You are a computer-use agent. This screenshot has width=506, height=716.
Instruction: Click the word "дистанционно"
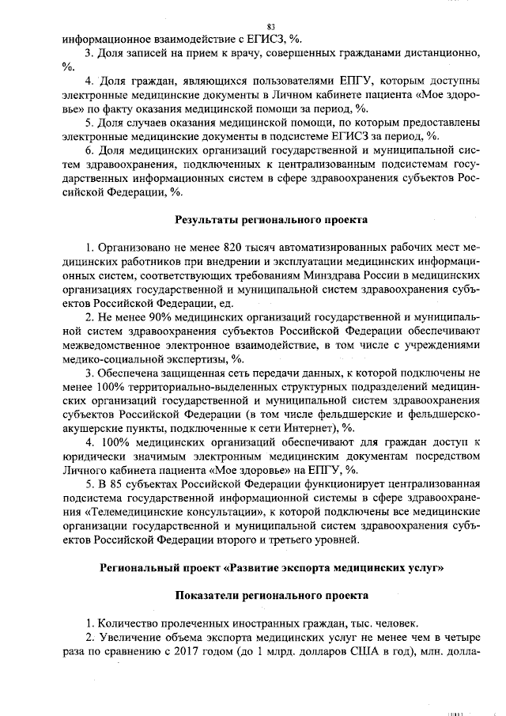[x=438, y=52]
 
